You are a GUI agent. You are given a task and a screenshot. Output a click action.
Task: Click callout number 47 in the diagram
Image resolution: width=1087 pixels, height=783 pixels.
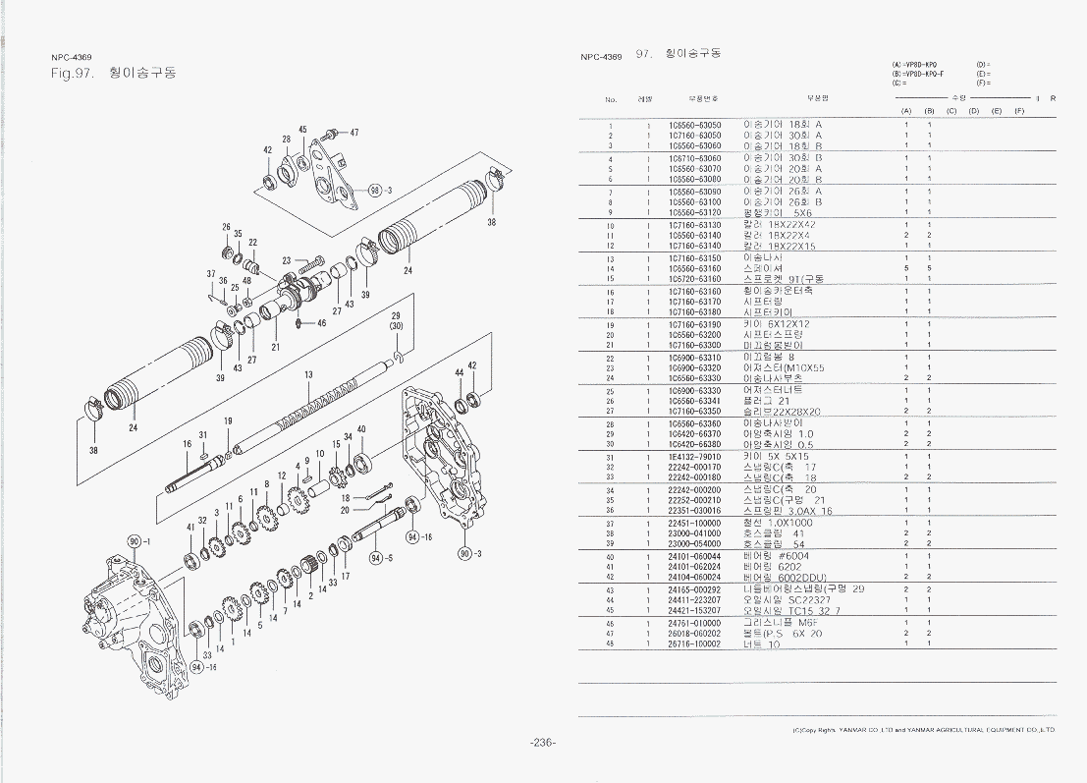point(353,133)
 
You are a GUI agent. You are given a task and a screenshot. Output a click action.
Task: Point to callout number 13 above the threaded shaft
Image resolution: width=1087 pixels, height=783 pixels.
point(308,375)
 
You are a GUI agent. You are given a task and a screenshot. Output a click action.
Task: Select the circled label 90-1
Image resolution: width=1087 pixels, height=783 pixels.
point(138,541)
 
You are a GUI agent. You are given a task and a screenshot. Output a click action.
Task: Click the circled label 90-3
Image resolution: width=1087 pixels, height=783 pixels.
point(471,554)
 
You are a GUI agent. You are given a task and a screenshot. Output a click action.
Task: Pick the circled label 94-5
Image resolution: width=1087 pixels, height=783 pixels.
point(380,558)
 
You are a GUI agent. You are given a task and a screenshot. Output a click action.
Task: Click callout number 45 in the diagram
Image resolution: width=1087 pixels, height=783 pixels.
point(303,130)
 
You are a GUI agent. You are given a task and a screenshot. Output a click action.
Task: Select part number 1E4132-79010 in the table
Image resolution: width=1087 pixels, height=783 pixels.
point(694,457)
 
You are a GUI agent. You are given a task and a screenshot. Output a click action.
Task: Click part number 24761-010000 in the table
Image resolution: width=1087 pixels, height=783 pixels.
point(694,622)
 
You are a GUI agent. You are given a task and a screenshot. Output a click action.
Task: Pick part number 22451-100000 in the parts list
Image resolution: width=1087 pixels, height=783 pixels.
point(694,523)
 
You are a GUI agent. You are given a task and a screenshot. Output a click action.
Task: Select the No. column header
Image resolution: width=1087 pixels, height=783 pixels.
point(610,99)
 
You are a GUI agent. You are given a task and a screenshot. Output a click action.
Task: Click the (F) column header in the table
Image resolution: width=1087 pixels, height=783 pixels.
point(1019,111)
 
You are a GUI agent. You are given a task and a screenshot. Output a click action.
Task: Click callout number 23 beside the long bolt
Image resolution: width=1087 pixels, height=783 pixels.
point(286,261)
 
